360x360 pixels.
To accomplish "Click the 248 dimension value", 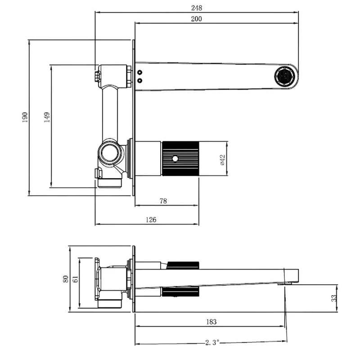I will pyautogui.click(x=196, y=8).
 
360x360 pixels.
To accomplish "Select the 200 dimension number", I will pyautogui.click(x=196, y=18).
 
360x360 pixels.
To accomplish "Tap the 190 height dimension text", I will pyautogui.click(x=25, y=117).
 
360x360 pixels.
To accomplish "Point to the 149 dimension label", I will pyautogui.click(x=47, y=117).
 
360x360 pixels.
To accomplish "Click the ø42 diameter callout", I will pyautogui.click(x=222, y=160).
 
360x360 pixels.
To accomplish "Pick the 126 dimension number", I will pyautogui.click(x=151, y=220).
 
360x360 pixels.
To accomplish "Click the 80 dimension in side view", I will pyautogui.click(x=65, y=279).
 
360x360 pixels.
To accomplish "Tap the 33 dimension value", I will pyautogui.click(x=334, y=298).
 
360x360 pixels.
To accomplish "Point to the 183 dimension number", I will pyautogui.click(x=211, y=321).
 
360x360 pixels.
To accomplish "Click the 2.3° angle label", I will pyautogui.click(x=212, y=342).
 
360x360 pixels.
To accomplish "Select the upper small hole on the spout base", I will pyautogui.click(x=139, y=72).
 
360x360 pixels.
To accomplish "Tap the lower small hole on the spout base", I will pyautogui.click(x=139, y=81).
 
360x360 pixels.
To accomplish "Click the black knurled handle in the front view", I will pyautogui.click(x=180, y=159).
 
